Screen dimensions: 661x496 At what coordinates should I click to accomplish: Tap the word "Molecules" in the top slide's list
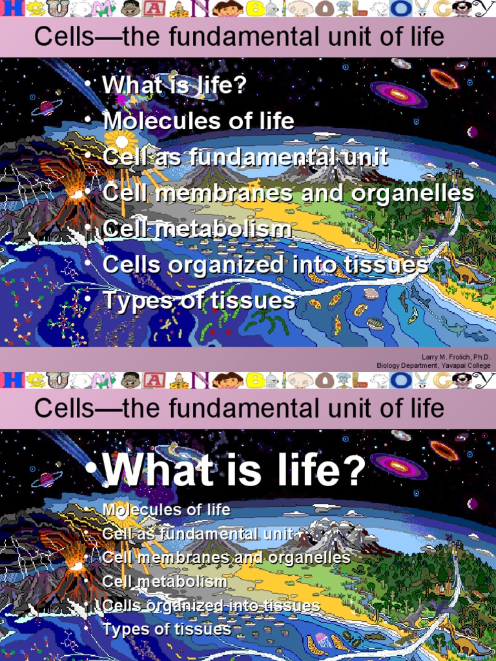(x=152, y=121)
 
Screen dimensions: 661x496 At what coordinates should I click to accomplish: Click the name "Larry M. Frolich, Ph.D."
(x=455, y=357)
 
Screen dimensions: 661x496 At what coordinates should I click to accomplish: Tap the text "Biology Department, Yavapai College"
(x=433, y=365)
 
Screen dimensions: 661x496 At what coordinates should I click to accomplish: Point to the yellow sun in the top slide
(x=118, y=140)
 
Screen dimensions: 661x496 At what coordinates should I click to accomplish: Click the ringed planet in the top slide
(x=47, y=107)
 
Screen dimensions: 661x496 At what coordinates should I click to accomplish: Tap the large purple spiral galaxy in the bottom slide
(x=398, y=466)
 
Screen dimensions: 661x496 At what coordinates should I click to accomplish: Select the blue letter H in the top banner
(x=11, y=8)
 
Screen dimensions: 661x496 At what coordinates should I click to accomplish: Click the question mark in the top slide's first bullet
(x=239, y=85)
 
